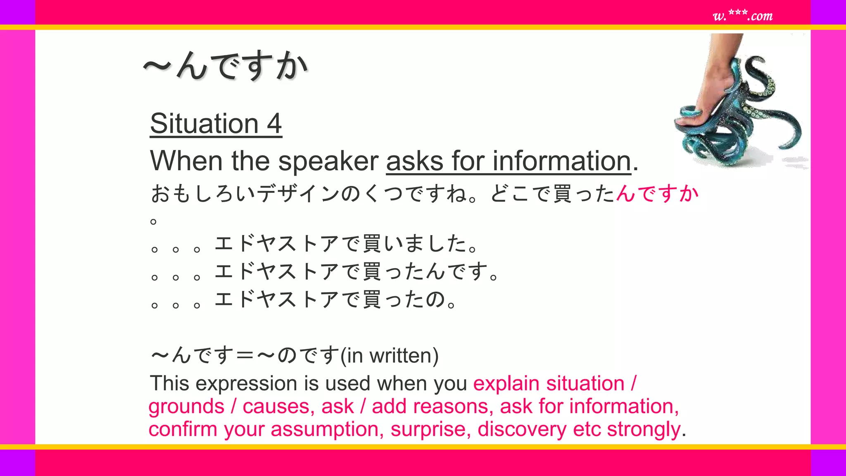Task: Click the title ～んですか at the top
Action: tap(226, 66)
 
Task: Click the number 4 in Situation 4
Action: tap(274, 124)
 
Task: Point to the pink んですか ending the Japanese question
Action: tap(657, 193)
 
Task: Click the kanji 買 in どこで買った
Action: tap(563, 194)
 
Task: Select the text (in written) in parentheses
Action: tap(389, 356)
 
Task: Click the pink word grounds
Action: tap(186, 407)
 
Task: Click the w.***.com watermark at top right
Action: tap(742, 16)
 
